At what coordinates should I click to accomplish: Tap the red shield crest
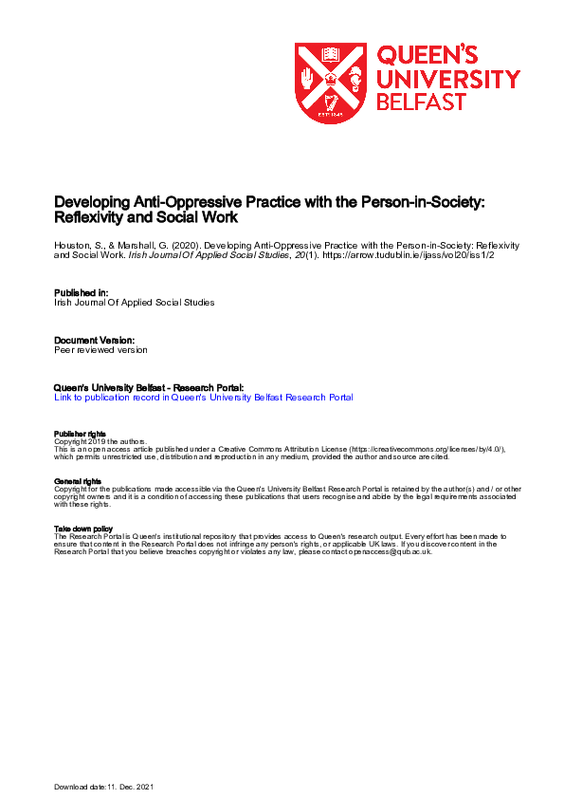click(x=331, y=83)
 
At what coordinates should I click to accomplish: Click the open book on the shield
click(x=331, y=55)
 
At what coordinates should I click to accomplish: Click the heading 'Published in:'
click(x=82, y=293)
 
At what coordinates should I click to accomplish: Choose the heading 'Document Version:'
click(x=95, y=340)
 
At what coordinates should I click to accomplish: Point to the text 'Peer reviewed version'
click(x=100, y=349)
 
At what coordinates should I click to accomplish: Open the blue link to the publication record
click(x=204, y=398)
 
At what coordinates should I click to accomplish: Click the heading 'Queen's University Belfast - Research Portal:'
click(x=149, y=387)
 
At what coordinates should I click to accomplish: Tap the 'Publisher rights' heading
click(x=79, y=433)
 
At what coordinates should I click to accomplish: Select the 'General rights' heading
click(x=76, y=481)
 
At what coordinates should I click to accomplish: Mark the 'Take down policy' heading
click(x=83, y=529)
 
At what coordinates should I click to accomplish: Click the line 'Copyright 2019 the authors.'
click(x=93, y=441)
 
